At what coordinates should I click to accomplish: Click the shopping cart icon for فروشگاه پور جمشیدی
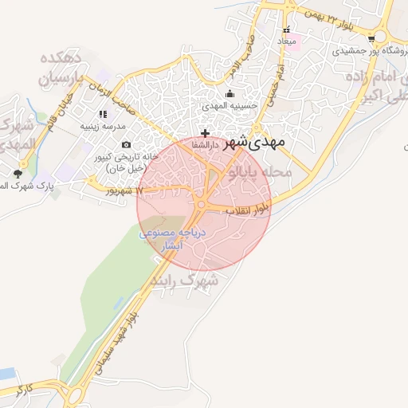371,37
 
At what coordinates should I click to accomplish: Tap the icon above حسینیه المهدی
229,94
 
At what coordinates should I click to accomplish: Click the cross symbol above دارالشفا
206,133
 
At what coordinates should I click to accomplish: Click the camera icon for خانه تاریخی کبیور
126,144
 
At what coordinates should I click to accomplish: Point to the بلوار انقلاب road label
246,210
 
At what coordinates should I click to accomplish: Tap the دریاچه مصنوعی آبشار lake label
173,240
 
